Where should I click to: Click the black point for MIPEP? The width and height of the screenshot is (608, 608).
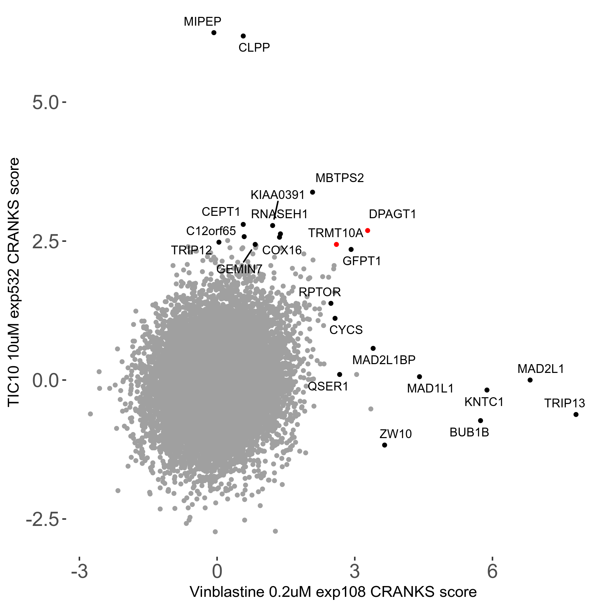coord(214,33)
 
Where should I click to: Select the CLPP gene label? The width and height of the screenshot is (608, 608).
coord(254,48)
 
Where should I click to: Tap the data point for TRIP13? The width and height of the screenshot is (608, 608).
coord(576,414)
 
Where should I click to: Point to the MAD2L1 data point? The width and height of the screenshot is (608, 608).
coord(530,380)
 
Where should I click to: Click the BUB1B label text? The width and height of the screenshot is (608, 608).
coord(469,432)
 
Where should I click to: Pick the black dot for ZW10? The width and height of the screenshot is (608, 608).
coord(384,445)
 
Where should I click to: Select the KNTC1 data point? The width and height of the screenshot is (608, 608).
coord(487,390)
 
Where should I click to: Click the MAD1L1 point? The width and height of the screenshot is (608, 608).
coord(420,377)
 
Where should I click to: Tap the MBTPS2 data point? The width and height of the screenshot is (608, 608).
coord(312,192)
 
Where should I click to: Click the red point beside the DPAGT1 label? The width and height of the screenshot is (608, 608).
coord(368,231)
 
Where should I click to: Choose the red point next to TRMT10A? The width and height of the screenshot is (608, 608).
coord(336,244)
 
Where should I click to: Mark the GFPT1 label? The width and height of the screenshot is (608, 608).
coord(362,261)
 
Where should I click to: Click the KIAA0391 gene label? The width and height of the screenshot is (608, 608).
coord(278,195)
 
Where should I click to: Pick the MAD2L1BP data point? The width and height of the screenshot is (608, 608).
coord(373,348)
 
